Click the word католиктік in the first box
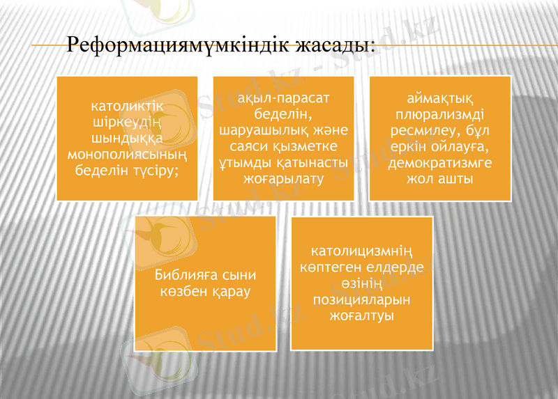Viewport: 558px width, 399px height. pos(127,107)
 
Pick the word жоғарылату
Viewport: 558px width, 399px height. pos(283,179)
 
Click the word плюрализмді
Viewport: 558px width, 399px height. pos(440,115)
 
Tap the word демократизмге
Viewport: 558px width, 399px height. pos(440,164)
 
